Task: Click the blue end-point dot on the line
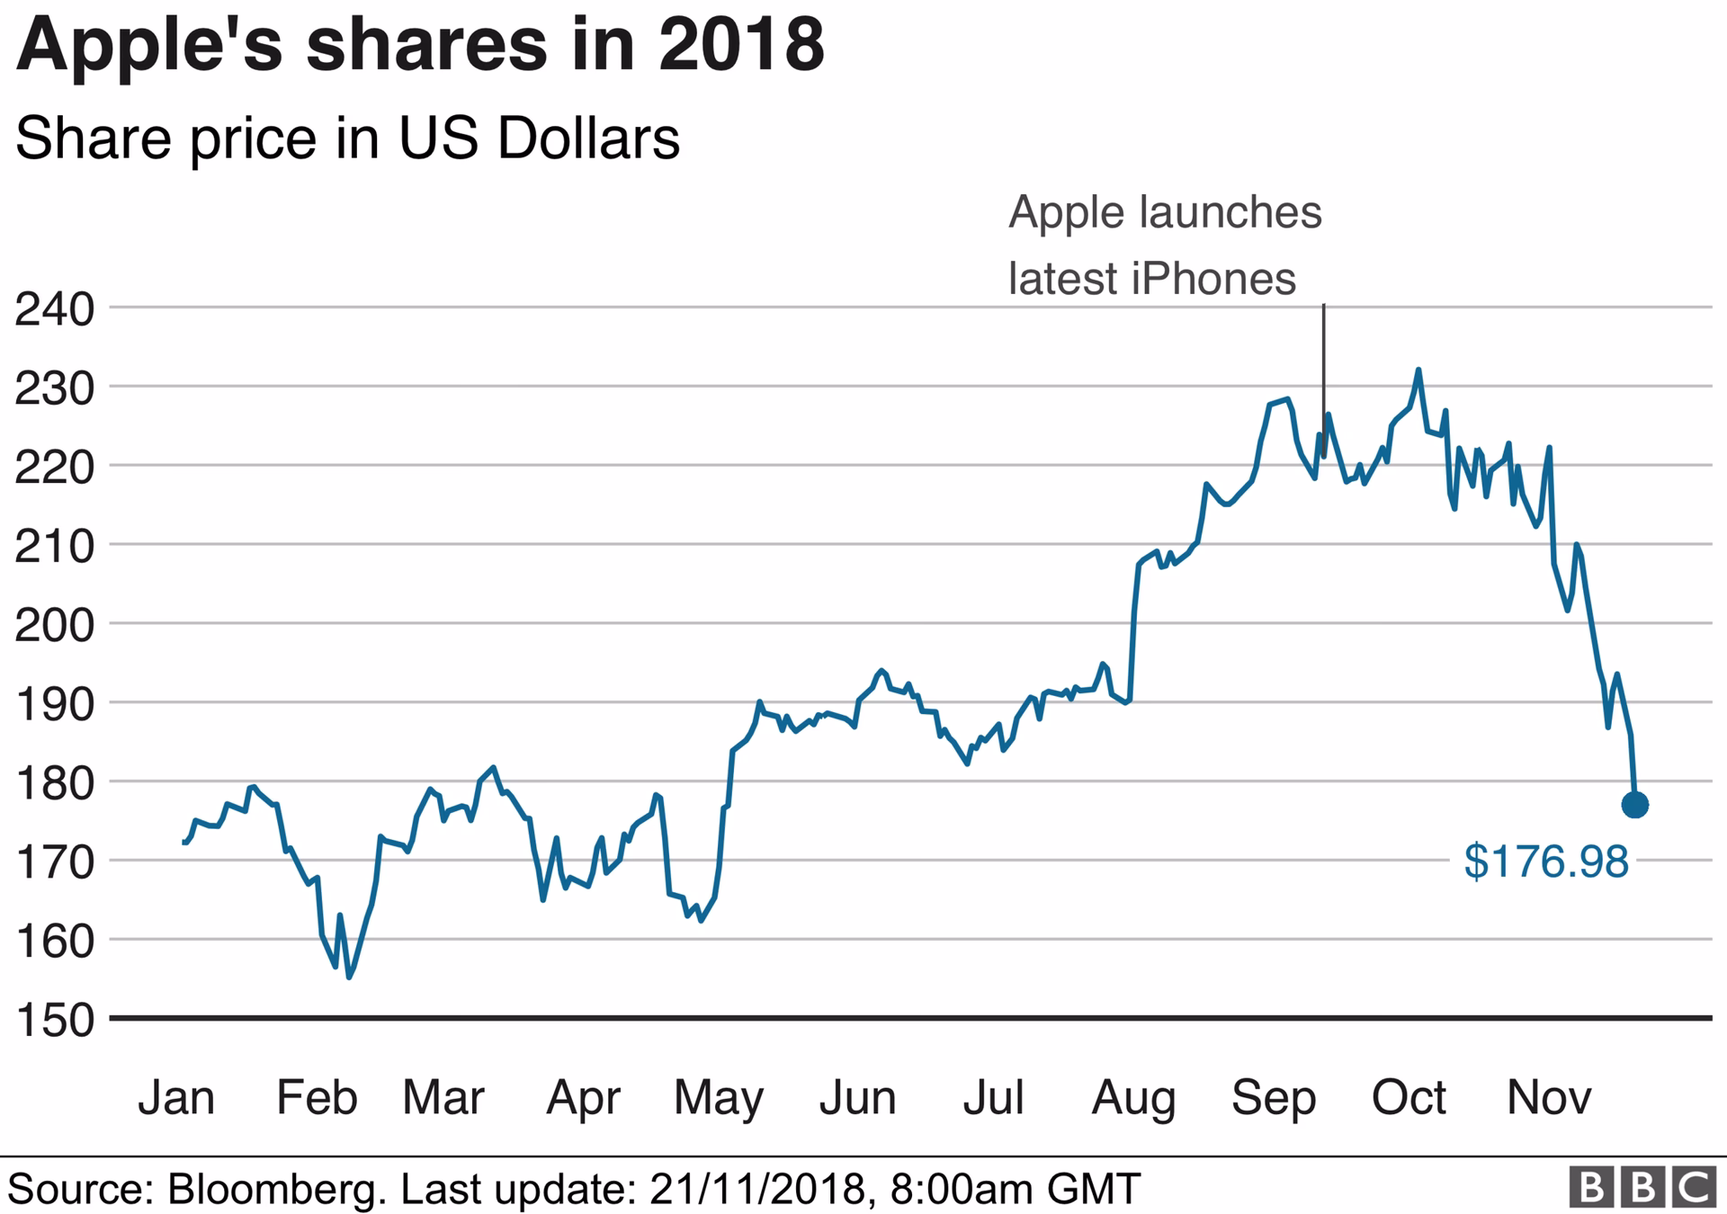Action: click(1634, 805)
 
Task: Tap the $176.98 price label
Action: click(1545, 861)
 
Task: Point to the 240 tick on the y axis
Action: click(54, 309)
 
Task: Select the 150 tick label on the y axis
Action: click(54, 1020)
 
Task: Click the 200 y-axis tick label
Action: click(54, 625)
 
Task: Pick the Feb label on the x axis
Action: click(317, 1097)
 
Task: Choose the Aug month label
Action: click(1133, 1097)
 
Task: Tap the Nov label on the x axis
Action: click(1548, 1097)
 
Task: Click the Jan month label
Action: click(176, 1097)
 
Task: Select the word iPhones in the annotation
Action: click(1213, 278)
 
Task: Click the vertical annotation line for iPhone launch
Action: click(1323, 360)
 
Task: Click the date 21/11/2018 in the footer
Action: click(757, 1189)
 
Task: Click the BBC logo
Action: click(1642, 1188)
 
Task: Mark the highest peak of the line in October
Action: click(1418, 370)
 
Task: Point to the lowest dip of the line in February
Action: click(349, 977)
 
